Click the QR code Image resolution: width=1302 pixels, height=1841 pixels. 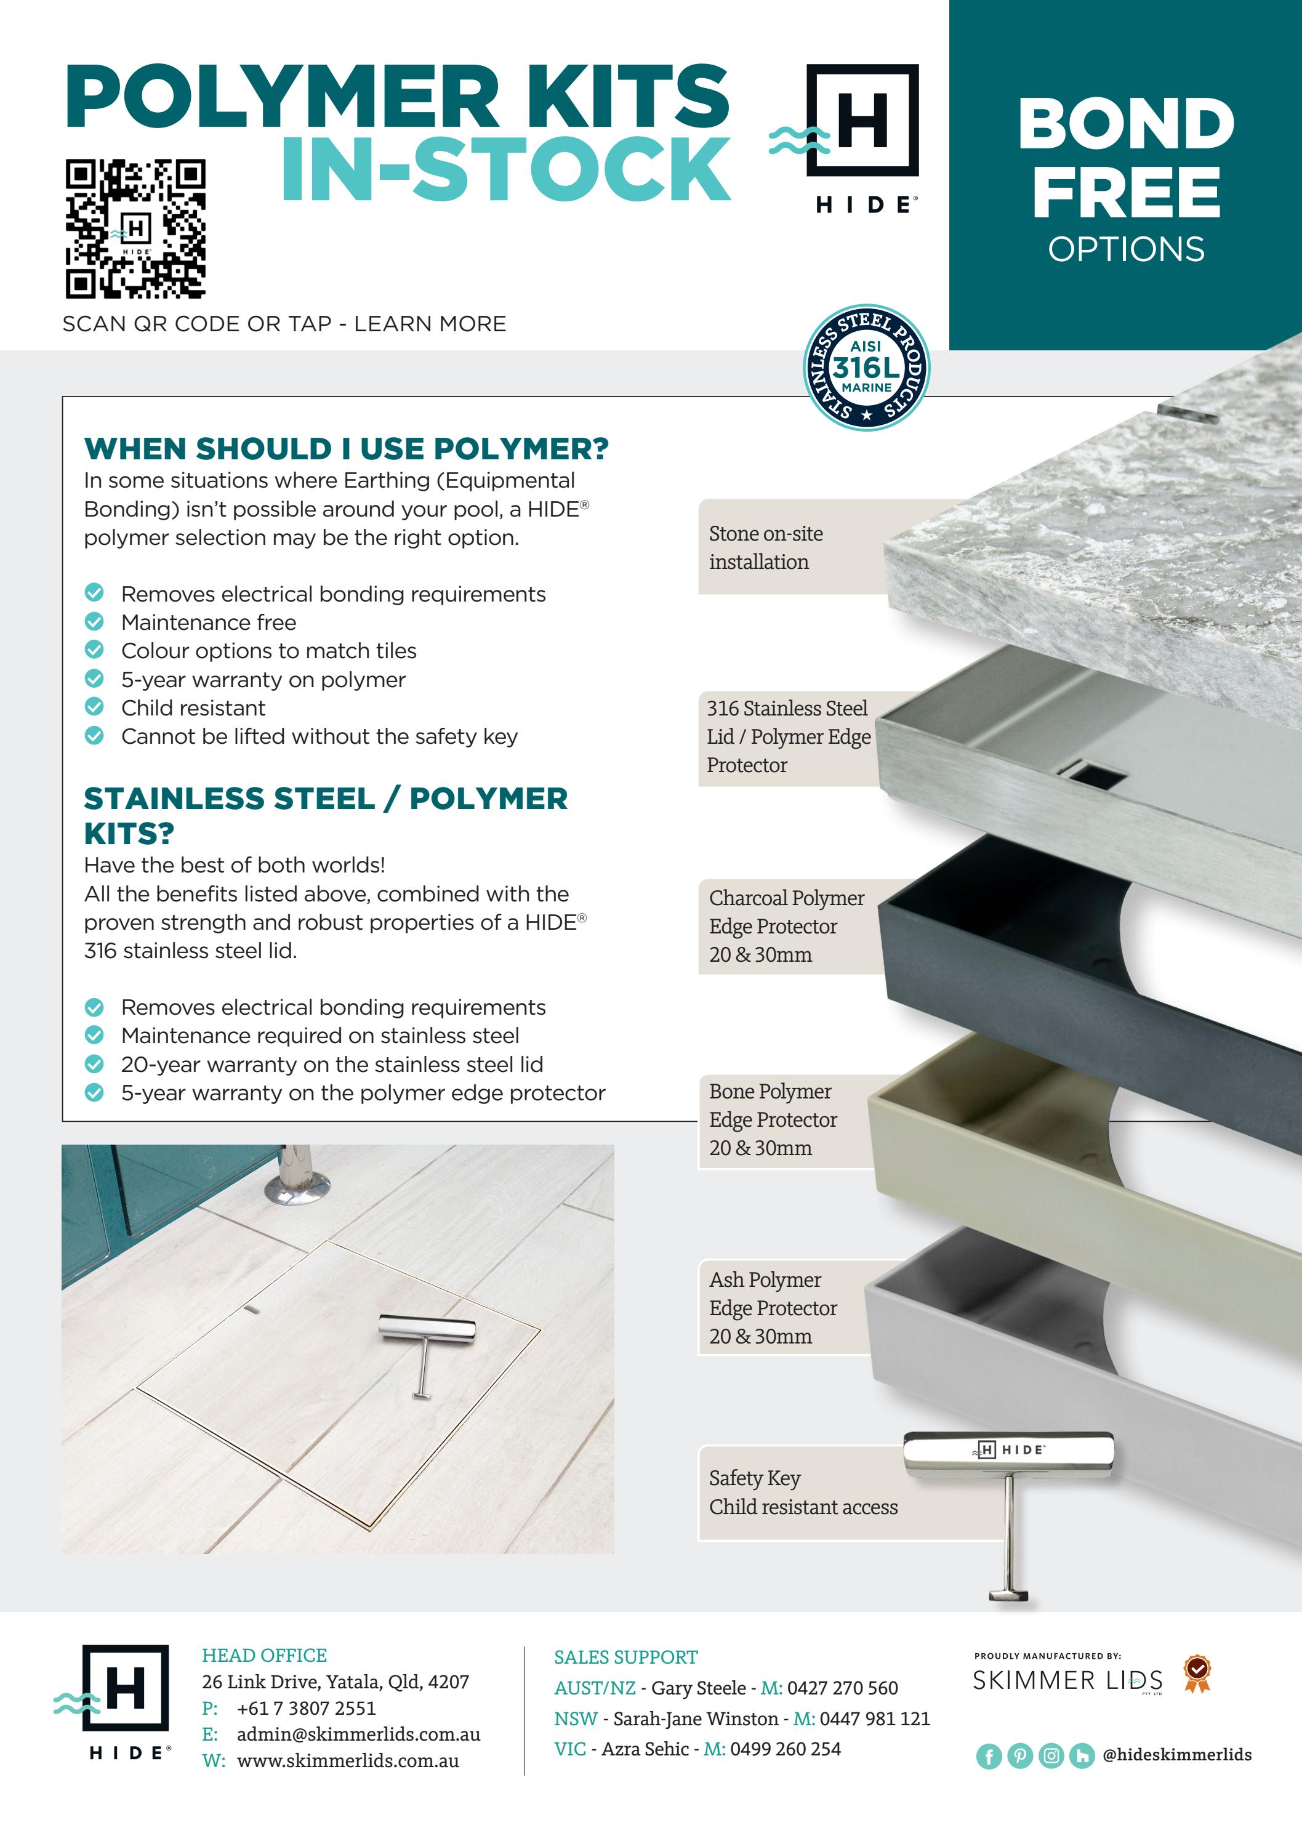(135, 228)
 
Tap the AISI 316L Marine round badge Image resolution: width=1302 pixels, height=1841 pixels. (866, 367)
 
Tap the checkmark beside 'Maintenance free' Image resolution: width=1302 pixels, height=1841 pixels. (95, 621)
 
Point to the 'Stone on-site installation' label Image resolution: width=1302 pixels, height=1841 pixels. (766, 547)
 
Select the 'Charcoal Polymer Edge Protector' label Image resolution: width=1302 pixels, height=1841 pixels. (786, 926)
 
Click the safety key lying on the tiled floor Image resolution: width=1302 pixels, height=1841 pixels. (425, 1348)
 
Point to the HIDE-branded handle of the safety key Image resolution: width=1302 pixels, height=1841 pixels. (1008, 1449)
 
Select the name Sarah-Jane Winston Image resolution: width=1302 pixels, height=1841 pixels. (695, 1718)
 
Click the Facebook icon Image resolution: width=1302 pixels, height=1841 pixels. (989, 1756)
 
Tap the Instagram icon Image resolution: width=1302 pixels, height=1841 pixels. (1051, 1756)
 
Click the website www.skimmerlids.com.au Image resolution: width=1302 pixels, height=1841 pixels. (348, 1762)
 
